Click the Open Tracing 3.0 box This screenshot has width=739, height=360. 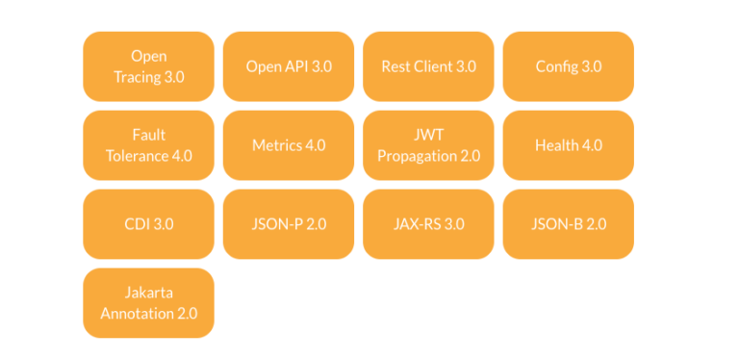pos(148,66)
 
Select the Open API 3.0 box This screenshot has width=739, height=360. pos(289,66)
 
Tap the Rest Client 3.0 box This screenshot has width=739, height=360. pos(428,66)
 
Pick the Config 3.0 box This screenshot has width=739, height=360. pos(569,66)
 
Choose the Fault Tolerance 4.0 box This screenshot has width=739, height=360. pos(148,145)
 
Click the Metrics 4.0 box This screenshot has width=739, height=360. pos(289,145)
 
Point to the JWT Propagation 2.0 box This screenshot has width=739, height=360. pos(428,145)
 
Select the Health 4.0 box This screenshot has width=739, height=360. pos(569,145)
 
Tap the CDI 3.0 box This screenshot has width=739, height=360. pos(148,224)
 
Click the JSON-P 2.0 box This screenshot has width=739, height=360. pos(289,224)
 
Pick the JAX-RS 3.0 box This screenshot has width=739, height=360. pos(428,224)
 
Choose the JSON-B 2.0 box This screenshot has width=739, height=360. pos(569,224)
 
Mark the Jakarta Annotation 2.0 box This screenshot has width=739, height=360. pos(148,303)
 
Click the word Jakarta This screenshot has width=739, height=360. pos(148,293)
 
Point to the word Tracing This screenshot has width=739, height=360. pos(138,76)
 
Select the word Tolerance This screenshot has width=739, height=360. pos(137,155)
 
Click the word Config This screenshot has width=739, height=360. pos(557,66)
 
